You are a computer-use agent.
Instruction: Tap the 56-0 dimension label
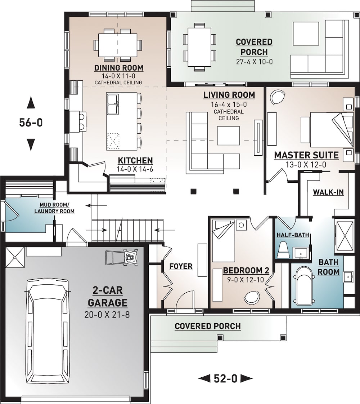tap(31, 123)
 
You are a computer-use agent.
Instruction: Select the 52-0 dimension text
tap(226, 378)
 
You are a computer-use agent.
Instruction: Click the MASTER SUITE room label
tap(306, 155)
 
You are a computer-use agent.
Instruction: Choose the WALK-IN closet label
tap(328, 192)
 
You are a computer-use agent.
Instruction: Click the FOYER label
tap(181, 267)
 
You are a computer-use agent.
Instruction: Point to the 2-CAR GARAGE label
tap(108, 297)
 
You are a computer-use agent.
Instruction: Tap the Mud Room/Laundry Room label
tap(54, 208)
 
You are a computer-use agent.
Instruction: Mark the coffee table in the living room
tap(229, 136)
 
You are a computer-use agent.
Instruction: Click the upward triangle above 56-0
tap(31, 103)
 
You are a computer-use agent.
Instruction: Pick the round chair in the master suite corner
tap(276, 96)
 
